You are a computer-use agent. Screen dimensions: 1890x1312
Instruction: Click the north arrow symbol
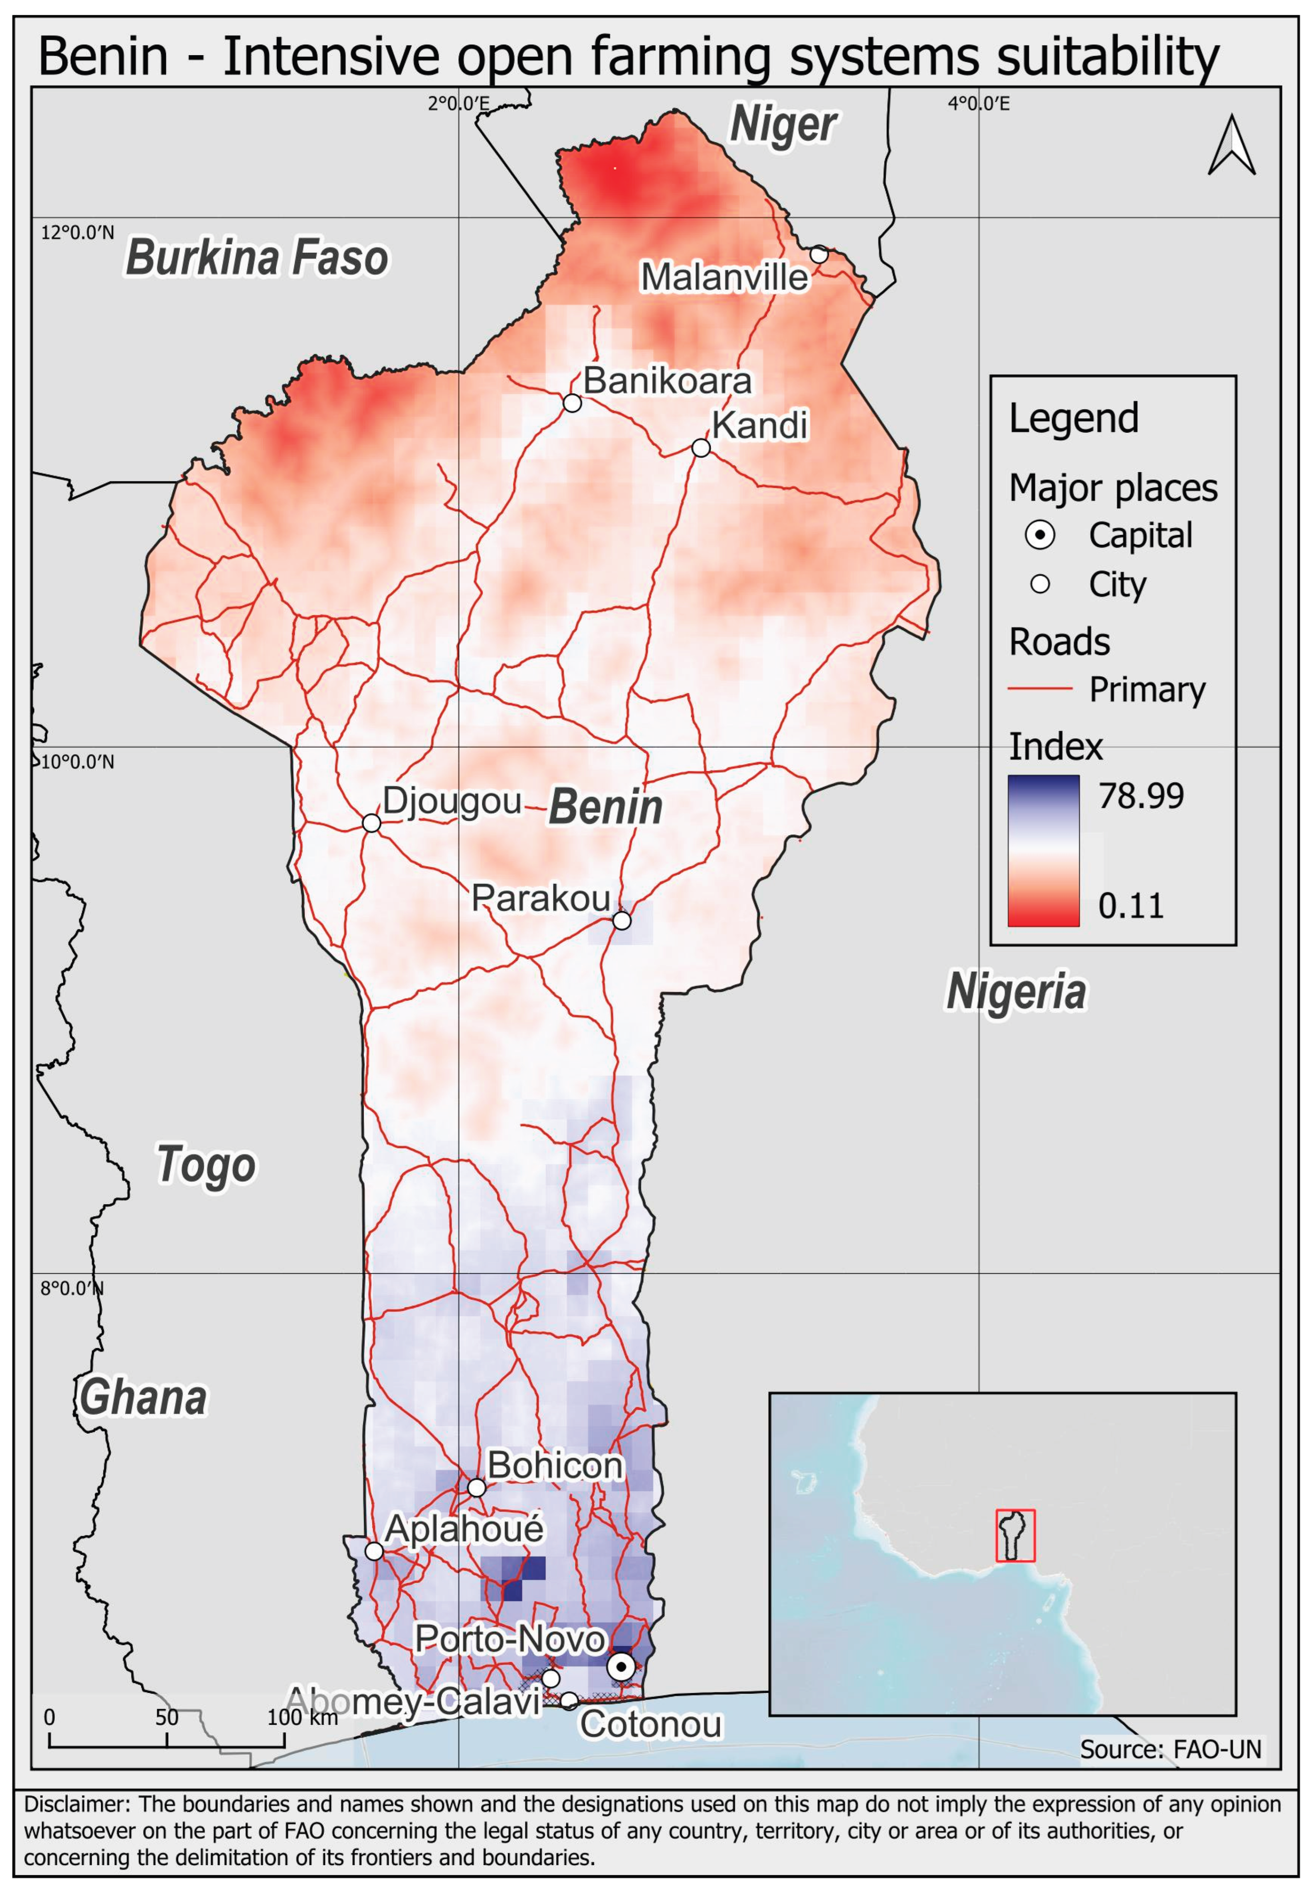[1232, 146]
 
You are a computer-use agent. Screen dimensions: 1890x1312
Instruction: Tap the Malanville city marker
[819, 254]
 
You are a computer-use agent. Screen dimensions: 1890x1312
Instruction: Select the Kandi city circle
[700, 448]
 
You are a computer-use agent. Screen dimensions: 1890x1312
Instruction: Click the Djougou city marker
[372, 823]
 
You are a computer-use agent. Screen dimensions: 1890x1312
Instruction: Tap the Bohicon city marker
[477, 1487]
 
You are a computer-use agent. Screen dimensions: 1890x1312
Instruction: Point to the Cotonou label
[651, 1724]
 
